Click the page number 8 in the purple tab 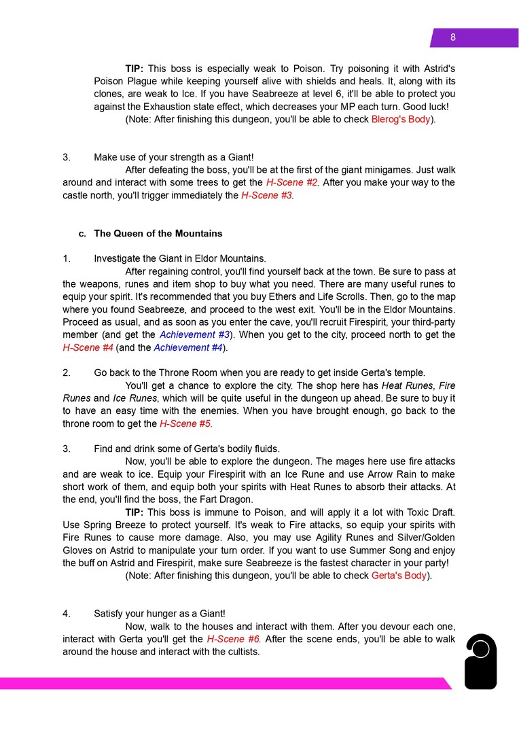pyautogui.click(x=453, y=38)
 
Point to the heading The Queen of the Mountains pyautogui.click(x=158, y=233)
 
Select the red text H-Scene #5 pyautogui.click(x=185, y=423)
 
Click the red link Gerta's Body pyautogui.click(x=399, y=576)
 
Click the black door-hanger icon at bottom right pyautogui.click(x=480, y=661)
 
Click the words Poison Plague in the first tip pyautogui.click(x=126, y=81)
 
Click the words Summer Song pyautogui.click(x=380, y=550)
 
